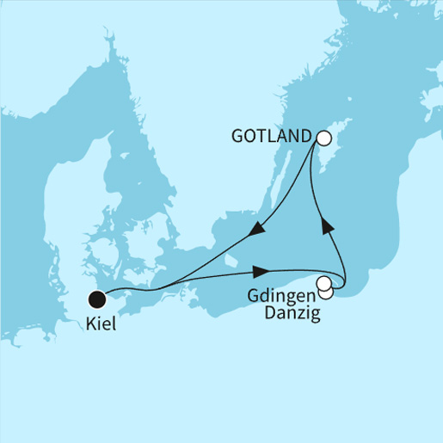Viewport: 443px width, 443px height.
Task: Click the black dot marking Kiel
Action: click(97, 299)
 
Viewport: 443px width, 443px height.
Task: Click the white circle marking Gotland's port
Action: click(323, 137)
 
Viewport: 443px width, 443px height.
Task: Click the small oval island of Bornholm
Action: click(230, 260)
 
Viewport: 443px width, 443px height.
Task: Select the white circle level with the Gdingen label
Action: click(323, 283)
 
